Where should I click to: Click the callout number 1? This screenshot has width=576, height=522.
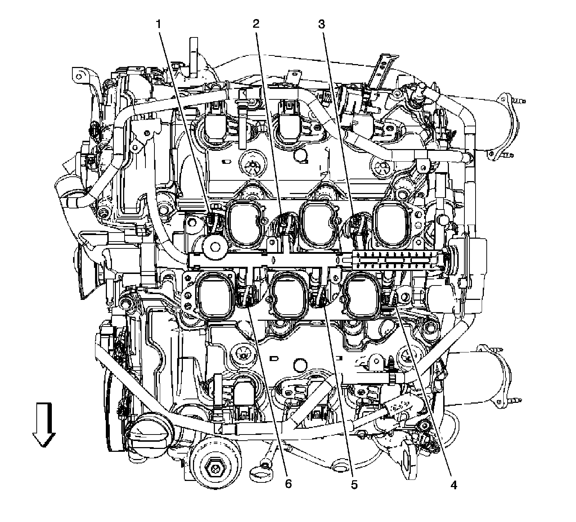pyautogui.click(x=157, y=24)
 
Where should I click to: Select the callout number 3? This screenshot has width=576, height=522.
pyautogui.click(x=321, y=24)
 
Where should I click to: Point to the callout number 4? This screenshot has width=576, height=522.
pyautogui.click(x=453, y=485)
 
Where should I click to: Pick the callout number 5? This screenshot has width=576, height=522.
pyautogui.click(x=354, y=485)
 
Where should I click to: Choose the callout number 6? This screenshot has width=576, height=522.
pyautogui.click(x=288, y=485)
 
